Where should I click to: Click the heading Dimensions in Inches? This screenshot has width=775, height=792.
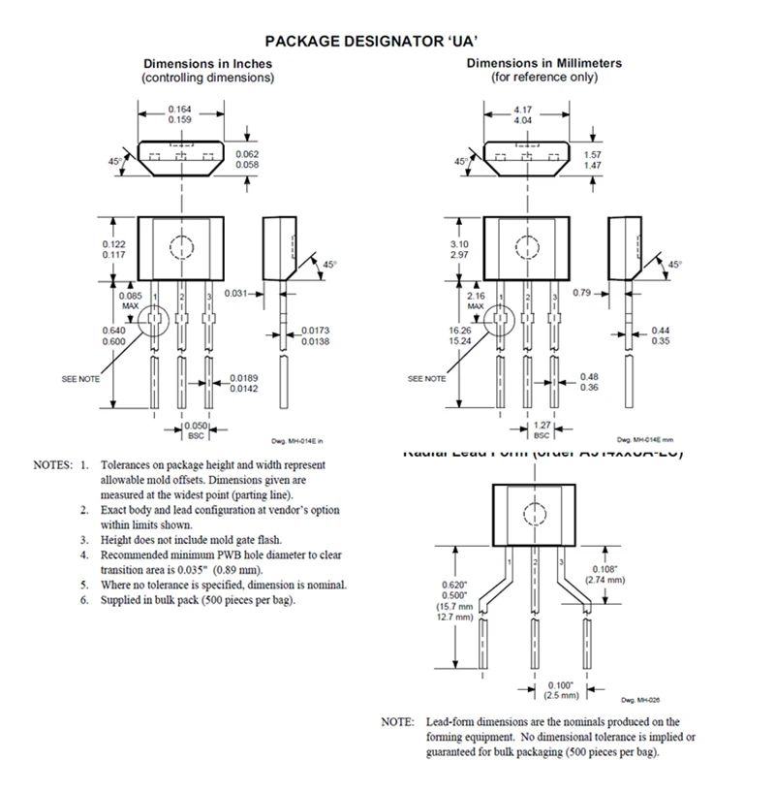coord(207,64)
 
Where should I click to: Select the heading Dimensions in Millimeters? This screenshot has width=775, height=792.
coord(544,63)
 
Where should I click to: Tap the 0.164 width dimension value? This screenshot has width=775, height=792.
coord(179,110)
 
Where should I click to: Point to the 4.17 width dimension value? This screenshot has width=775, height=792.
coord(522,110)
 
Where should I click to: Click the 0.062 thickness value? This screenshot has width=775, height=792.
coord(246,155)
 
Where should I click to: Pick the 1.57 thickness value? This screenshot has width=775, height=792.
coord(593,155)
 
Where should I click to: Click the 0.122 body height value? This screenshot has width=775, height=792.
coord(113,243)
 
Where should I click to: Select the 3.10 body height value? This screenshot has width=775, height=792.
coord(459,243)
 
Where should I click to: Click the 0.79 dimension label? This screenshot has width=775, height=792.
coord(582,292)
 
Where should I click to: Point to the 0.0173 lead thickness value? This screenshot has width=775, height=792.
coord(315,331)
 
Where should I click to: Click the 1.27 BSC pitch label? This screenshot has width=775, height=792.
coord(542,426)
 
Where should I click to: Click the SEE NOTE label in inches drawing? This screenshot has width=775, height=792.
coord(80,378)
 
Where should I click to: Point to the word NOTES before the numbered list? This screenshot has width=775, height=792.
coord(52,465)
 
